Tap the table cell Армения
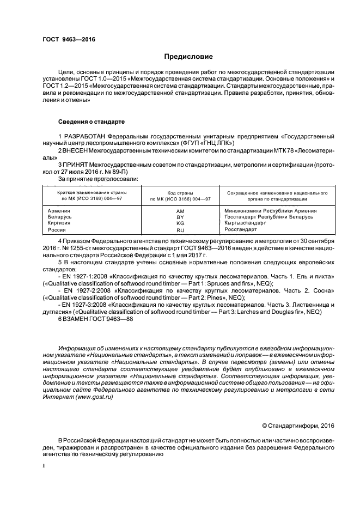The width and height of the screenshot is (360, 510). click(x=59, y=210)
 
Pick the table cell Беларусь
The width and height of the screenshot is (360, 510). click(x=60, y=216)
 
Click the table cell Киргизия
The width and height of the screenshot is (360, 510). click(x=60, y=223)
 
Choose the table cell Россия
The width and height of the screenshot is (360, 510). click(x=57, y=230)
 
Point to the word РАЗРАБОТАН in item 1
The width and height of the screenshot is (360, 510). click(x=87, y=135)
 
